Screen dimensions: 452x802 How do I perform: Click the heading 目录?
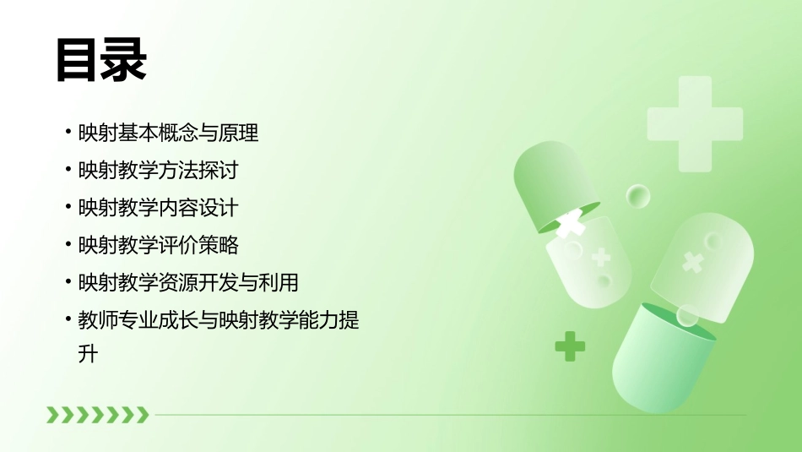101,61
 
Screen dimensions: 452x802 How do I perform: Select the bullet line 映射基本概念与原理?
168,133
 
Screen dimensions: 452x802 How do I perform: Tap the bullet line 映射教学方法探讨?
158,171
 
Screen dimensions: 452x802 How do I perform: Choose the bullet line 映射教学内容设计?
158,208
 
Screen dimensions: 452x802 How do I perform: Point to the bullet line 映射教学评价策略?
158,245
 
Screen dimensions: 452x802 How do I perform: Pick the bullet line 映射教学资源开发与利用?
187,282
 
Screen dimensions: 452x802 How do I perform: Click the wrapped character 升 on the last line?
88,354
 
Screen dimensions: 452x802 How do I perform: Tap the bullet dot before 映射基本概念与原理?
68,133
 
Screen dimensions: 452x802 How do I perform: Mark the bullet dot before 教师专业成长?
68,320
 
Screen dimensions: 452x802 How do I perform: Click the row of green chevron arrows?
97,414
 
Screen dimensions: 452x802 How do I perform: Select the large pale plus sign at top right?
695,123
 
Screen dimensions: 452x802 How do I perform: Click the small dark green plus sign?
570,346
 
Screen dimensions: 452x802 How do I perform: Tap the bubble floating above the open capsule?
637,196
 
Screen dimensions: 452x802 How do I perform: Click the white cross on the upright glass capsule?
692,262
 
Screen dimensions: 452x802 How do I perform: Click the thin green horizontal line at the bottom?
447,415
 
